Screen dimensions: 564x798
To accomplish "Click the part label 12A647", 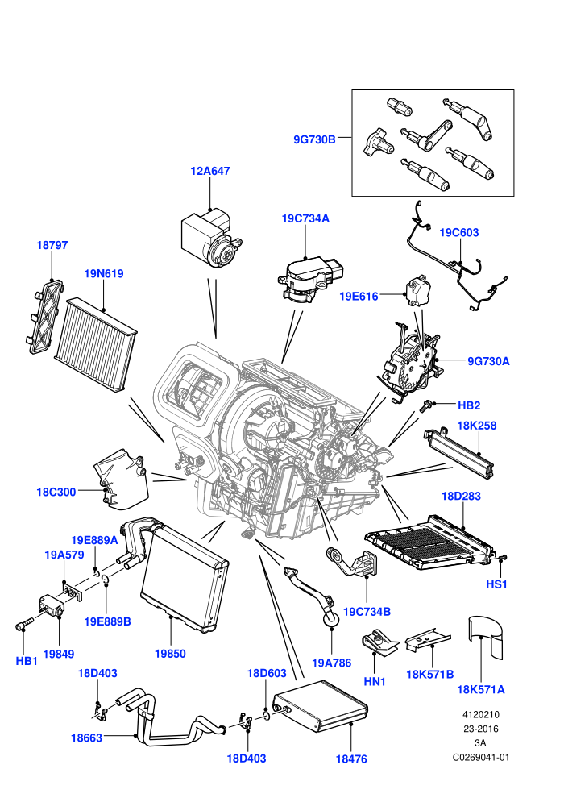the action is coord(210,171).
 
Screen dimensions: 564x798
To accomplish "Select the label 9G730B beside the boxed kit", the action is coord(314,139).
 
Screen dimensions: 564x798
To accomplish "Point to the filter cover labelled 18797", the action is coord(45,317).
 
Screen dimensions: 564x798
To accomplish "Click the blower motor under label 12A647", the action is coord(211,239).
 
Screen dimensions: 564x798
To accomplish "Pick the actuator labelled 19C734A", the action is coord(309,279).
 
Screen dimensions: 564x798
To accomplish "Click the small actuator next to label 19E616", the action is coord(418,291).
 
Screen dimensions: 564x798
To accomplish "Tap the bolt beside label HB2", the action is coord(425,405).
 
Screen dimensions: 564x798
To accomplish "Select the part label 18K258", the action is coord(476,426).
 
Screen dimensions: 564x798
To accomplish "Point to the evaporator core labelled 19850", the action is coord(184,579).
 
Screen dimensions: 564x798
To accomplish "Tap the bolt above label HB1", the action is coord(24,624).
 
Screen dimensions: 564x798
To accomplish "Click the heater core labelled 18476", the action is coord(320,706).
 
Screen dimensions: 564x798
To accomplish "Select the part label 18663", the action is coord(86,738).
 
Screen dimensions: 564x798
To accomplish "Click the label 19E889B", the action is coord(107,621).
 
